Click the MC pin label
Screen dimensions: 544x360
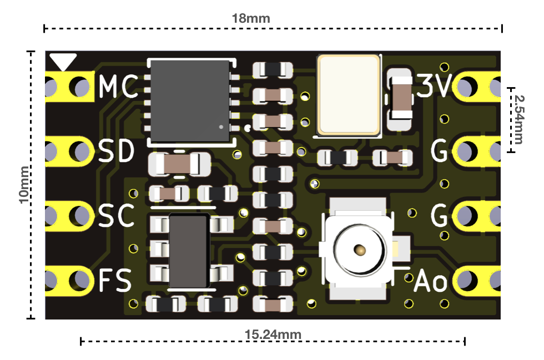coord(118,86)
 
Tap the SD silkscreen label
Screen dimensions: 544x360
coord(116,151)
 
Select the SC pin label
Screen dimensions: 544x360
coord(116,215)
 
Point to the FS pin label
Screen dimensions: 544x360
coord(115,280)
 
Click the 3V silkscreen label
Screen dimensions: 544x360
coord(434,85)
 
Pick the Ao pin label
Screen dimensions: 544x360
coord(431,280)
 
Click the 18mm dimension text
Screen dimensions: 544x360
coord(251,18)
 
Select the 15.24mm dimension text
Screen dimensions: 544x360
coord(273,334)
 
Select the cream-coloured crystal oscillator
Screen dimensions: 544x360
coord(349,95)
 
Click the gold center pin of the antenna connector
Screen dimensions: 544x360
coord(360,250)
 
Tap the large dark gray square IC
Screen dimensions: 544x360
coord(190,102)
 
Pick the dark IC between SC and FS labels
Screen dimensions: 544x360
coord(189,251)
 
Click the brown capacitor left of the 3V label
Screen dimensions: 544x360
coord(400,98)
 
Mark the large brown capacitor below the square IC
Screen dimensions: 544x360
coord(179,164)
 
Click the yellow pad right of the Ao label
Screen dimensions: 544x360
coord(476,281)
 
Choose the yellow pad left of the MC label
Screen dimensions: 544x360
coord(69,87)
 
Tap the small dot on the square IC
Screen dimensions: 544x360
coord(221,127)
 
